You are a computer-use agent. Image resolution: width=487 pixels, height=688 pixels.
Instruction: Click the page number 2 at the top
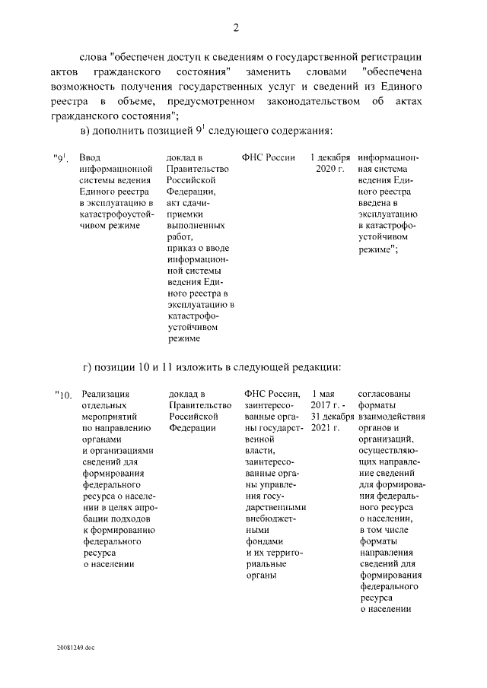[x=236, y=28]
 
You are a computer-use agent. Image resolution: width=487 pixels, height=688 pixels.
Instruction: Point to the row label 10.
[x=63, y=395]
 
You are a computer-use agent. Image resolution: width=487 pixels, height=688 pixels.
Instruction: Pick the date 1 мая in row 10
[x=324, y=394]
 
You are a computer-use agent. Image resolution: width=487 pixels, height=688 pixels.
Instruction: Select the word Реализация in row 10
[x=106, y=394]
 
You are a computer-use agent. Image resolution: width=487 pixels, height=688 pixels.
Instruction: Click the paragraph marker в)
[x=85, y=131]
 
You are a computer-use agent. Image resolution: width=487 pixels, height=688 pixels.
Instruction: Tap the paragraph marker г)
[x=84, y=368]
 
